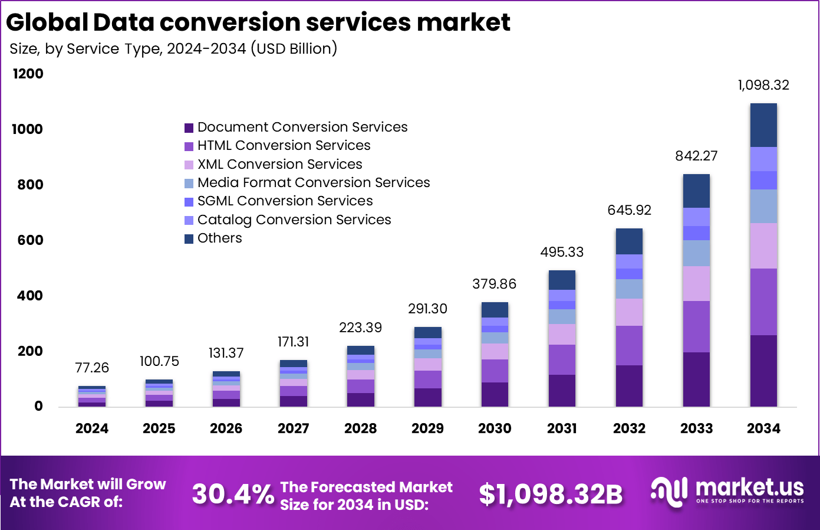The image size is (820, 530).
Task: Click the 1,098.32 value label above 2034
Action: pos(763,85)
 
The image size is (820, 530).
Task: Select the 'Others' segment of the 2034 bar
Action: pos(763,125)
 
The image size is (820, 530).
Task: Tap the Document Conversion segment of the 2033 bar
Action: pos(696,379)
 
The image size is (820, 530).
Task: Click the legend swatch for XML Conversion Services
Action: pos(189,165)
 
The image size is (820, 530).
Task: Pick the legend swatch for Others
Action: pos(189,238)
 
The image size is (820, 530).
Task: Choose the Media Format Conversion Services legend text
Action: pos(314,182)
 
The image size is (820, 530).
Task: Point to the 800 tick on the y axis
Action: pos(30,185)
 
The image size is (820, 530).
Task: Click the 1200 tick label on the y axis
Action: pos(28,74)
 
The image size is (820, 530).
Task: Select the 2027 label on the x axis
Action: pos(294,428)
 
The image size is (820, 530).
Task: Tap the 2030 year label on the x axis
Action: pos(495,428)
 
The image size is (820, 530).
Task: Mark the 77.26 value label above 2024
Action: pos(92,368)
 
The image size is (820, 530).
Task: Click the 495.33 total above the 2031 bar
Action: pos(562,252)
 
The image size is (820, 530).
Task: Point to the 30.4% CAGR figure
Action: pos(233,495)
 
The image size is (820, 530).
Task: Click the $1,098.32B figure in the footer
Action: pos(551,495)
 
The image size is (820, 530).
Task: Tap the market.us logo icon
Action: pos(669,492)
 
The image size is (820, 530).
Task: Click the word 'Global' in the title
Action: pos(47,22)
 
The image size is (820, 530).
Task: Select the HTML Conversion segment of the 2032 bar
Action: pos(629,345)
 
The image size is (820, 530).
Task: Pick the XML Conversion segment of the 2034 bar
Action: pos(763,246)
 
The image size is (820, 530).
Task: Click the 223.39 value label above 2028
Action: pos(360,328)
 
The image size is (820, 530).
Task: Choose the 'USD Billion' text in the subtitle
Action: pos(294,48)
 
